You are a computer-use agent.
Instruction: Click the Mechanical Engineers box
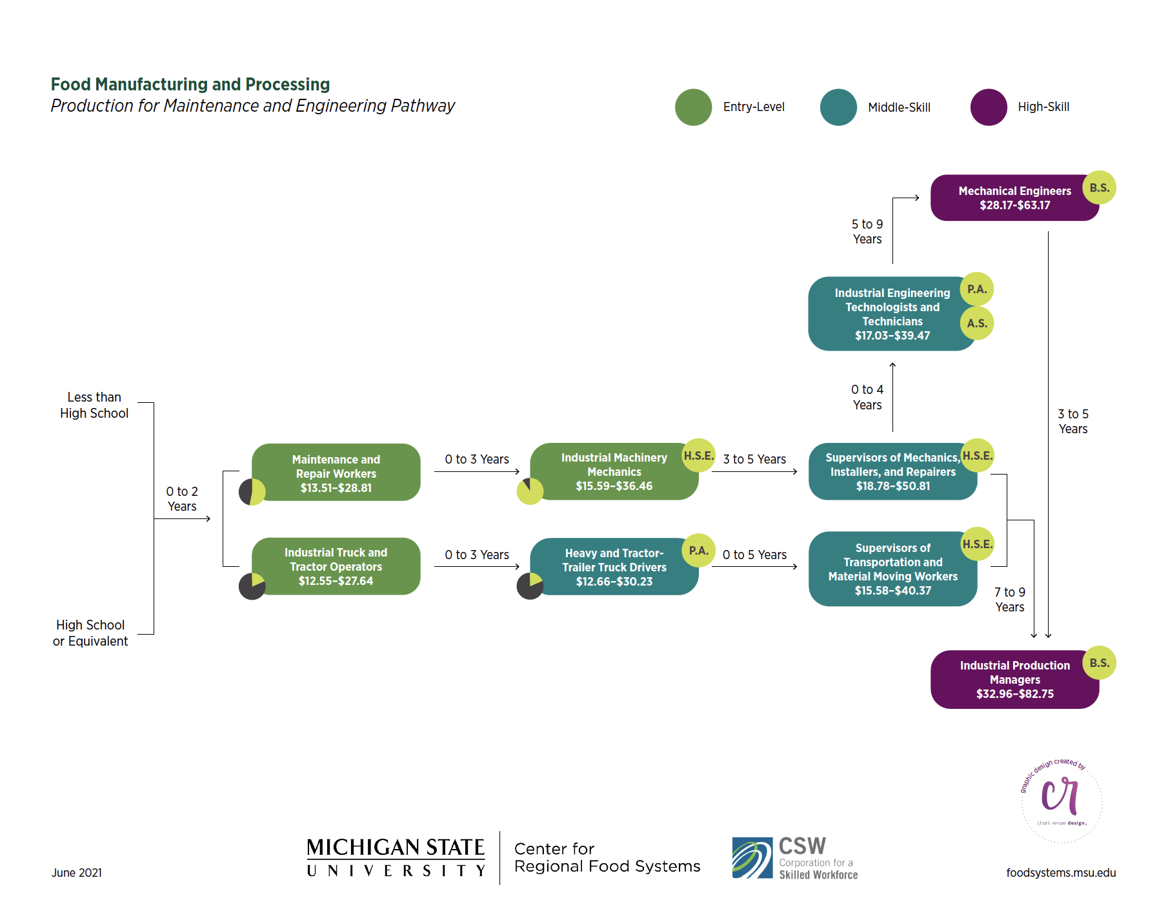1014,198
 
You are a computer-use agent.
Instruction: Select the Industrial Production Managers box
1014,679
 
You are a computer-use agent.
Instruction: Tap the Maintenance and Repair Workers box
336,473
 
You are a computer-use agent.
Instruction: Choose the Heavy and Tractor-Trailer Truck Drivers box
614,567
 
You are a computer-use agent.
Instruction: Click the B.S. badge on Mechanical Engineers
1099,188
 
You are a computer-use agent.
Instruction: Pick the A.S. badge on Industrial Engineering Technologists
976,323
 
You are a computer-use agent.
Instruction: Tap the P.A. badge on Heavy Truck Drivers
698,551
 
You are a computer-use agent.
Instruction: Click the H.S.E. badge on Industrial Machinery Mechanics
698,456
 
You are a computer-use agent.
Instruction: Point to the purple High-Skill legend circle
988,107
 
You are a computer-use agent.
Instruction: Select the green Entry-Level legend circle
693,107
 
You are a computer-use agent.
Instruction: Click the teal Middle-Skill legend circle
838,107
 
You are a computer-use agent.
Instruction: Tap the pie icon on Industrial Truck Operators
252,586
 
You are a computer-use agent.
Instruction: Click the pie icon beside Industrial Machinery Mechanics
530,491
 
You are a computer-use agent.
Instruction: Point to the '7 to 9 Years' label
1009,600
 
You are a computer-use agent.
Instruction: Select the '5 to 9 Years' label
867,232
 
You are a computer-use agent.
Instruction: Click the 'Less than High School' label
94,405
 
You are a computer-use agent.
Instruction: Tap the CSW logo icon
752,858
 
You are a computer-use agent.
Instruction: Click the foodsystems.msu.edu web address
1060,873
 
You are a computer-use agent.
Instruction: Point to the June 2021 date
77,873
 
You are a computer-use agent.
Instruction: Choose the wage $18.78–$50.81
892,486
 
